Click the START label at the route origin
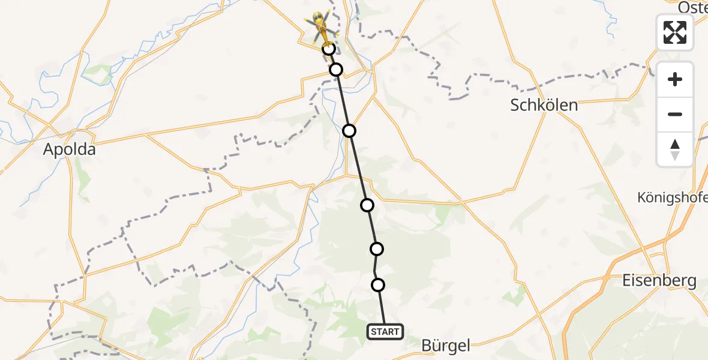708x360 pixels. pos(385,332)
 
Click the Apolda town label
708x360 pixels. pos(69,149)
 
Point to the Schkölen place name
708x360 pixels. pos(544,105)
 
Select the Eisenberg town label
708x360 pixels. pos(659,280)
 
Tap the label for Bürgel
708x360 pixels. pos(446,345)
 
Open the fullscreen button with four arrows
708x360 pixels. pos(675,32)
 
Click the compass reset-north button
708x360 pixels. pos(675,149)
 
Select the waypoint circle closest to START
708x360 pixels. pos(378,285)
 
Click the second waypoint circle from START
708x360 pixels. pos(377,248)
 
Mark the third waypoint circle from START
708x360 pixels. pos(367,205)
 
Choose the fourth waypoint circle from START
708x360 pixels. pos(349,131)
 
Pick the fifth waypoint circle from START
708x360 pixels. pos(336,70)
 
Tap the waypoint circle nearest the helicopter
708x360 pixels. pos(329,49)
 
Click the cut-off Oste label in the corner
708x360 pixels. pos(692,7)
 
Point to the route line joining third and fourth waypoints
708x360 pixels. pos(358,168)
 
